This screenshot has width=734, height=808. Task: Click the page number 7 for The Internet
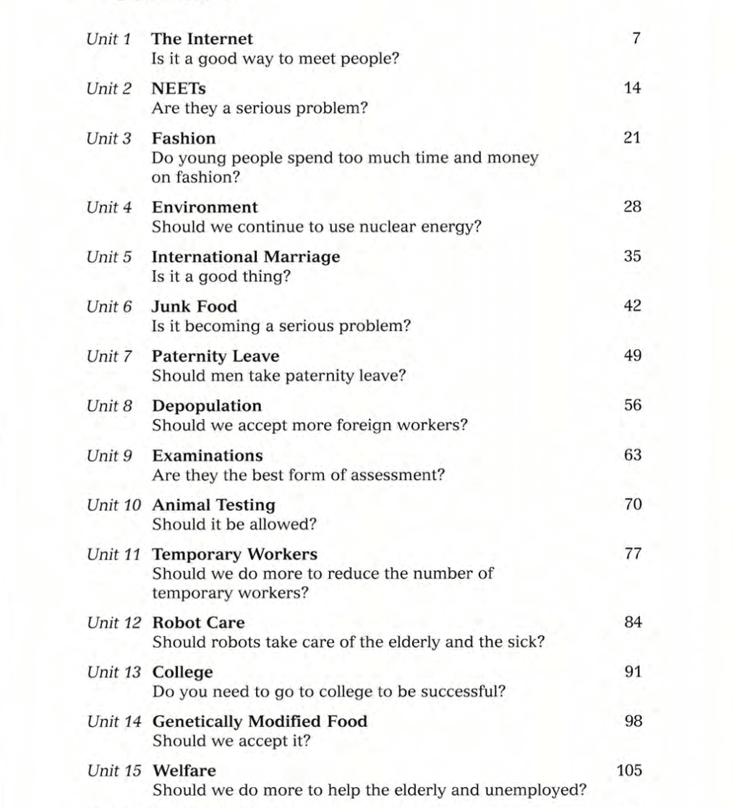point(636,38)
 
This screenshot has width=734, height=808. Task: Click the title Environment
point(205,207)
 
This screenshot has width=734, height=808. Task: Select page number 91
point(632,671)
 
